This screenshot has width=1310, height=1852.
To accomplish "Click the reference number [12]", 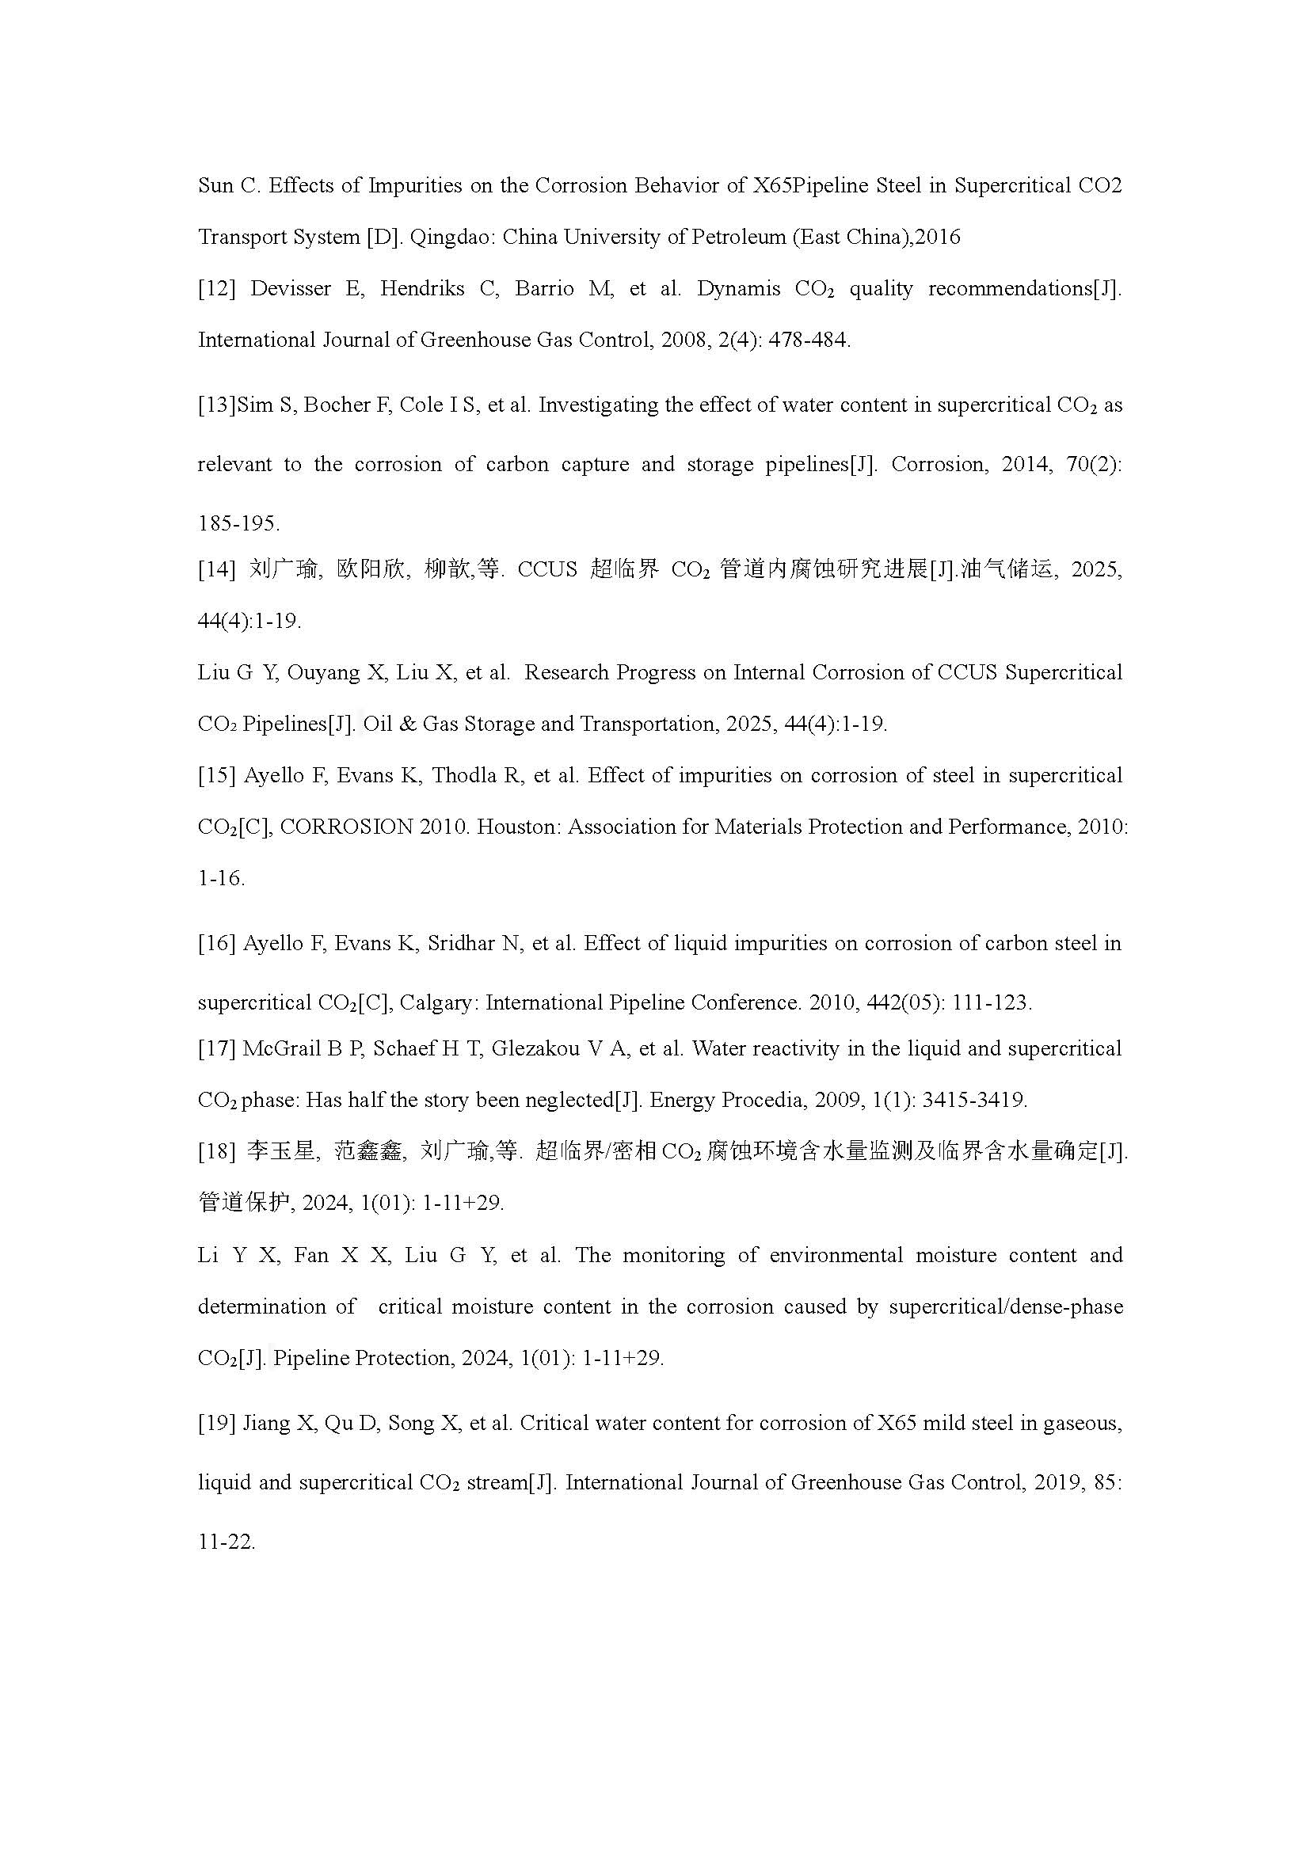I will (x=216, y=289).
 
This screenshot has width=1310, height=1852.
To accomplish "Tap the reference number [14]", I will (x=216, y=569).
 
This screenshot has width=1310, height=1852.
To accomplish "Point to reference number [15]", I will (x=216, y=776).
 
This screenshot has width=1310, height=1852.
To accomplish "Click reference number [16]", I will (x=216, y=944).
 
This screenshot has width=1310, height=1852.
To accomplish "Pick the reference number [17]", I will (x=216, y=1048).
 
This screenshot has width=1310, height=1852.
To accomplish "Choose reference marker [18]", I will (x=216, y=1152).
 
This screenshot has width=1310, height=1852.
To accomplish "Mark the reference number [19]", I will (x=216, y=1423).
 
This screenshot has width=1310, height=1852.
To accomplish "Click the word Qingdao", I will (x=444, y=238).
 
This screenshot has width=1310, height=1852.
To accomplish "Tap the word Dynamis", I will (x=738, y=289).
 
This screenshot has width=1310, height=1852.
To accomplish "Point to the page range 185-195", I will (x=238, y=524).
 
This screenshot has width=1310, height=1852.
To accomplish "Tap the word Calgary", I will (x=439, y=1003).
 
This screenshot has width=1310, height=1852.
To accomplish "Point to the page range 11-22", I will (x=227, y=1542).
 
